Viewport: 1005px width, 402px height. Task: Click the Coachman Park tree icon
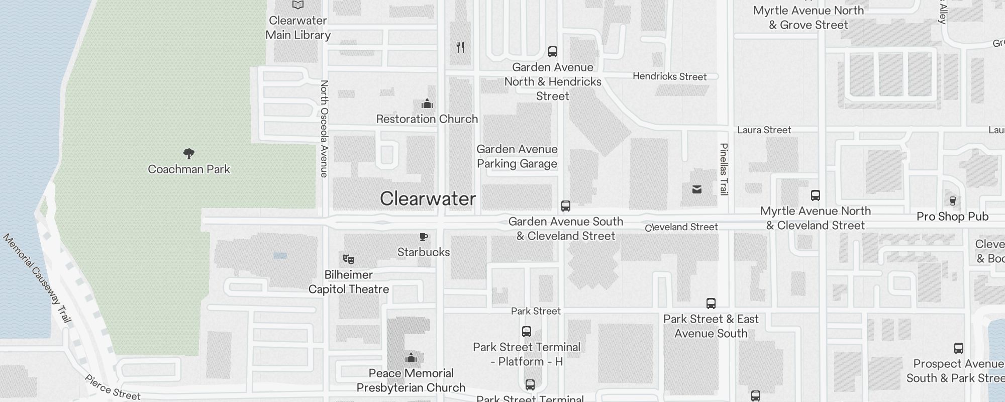tap(189, 153)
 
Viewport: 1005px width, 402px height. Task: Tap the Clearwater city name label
tap(428, 198)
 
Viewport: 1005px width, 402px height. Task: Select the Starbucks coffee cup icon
tap(424, 237)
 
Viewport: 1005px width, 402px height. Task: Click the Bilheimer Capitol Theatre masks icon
tap(349, 259)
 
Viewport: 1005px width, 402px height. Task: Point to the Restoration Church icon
tap(427, 104)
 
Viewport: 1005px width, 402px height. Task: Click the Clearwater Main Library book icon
tap(298, 5)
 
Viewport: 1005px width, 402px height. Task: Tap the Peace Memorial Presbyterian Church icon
tap(411, 358)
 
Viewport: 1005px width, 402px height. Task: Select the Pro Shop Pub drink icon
tap(952, 201)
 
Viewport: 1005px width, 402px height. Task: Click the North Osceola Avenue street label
tap(324, 129)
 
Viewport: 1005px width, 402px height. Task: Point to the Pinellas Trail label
tap(724, 169)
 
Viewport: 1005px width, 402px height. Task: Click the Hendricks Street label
tap(669, 76)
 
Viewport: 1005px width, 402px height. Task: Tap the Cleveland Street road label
tap(681, 227)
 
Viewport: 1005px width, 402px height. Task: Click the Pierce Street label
tap(113, 387)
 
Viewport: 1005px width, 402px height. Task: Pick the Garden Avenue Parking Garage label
tap(517, 156)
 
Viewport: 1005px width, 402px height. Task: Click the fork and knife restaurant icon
tap(460, 47)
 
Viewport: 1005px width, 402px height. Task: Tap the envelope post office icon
tap(697, 189)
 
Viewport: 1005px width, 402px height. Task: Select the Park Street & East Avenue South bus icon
tap(711, 304)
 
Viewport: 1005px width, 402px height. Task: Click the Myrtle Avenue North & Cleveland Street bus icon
tap(816, 195)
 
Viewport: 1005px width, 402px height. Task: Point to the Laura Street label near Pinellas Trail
tap(764, 130)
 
